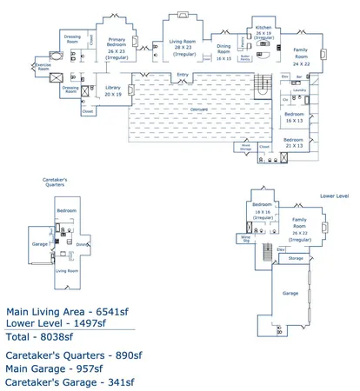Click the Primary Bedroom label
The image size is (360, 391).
[117, 43]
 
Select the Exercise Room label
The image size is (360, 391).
[43, 64]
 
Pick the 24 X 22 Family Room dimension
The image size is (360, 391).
[301, 64]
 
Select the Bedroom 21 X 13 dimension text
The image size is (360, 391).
[294, 145]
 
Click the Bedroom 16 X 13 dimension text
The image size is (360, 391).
[294, 121]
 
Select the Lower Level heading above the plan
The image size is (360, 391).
[334, 196]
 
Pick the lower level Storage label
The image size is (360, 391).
[296, 258]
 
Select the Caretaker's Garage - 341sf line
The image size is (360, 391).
[70, 381]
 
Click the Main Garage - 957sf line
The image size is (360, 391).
[57, 368]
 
